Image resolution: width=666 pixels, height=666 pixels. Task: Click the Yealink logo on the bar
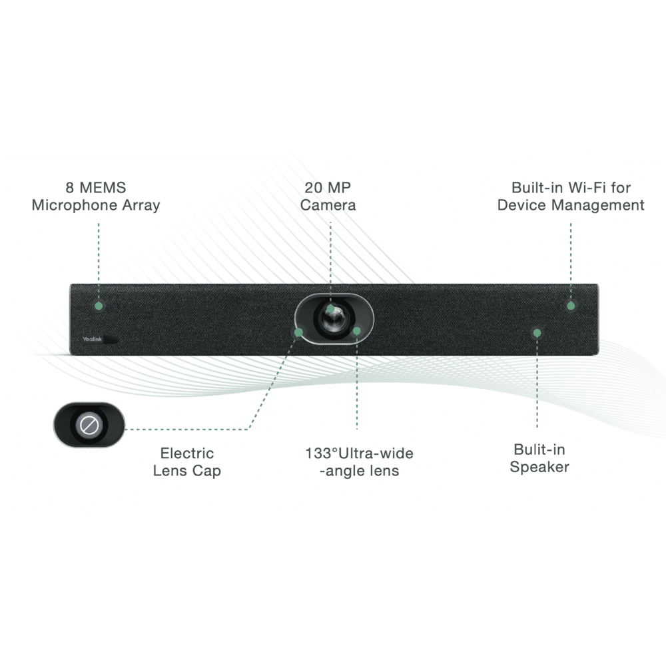[92, 339]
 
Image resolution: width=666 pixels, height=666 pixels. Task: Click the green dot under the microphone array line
[99, 306]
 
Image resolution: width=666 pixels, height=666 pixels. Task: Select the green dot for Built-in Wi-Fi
[571, 306]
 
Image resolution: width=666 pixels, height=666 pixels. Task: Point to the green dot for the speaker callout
[537, 333]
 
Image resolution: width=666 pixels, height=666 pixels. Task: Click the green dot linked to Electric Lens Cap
[298, 332]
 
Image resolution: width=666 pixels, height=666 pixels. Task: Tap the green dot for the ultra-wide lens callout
[357, 331]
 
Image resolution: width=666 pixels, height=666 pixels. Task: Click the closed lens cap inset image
[89, 424]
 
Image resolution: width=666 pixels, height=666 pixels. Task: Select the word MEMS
[103, 188]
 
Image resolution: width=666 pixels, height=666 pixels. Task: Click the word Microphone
[75, 205]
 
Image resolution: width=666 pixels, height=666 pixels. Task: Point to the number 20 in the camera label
[314, 188]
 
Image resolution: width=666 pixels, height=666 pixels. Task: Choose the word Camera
[328, 205]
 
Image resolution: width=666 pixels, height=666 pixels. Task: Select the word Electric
[187, 453]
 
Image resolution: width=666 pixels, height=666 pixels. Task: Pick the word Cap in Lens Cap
[206, 472]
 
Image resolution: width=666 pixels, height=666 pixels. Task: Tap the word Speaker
[539, 468]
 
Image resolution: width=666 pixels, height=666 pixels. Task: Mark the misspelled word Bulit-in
[539, 450]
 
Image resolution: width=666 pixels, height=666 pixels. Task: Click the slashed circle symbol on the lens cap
[89, 425]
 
